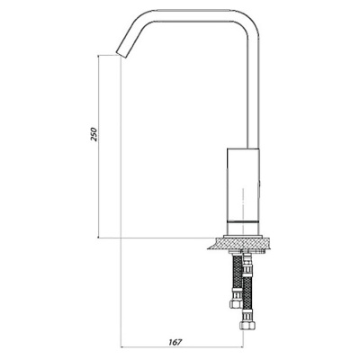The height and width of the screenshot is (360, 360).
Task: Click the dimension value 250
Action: [94, 134]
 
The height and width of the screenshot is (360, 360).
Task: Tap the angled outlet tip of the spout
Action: [121, 53]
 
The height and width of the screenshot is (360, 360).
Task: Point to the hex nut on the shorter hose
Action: [236, 303]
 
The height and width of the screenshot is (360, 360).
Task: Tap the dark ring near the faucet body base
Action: [243, 221]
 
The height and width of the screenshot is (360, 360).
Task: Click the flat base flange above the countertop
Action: [243, 236]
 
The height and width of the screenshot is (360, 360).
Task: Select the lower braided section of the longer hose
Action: [247, 297]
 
